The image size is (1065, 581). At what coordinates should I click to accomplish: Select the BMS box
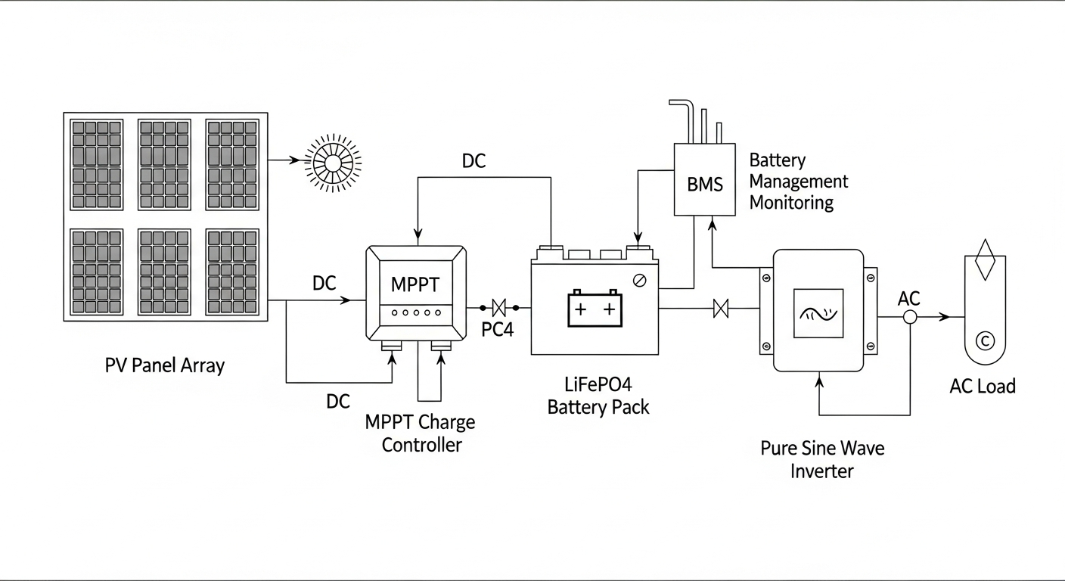click(x=704, y=183)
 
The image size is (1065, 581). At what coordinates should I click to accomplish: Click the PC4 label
click(x=497, y=330)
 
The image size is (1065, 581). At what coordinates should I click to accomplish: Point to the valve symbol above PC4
click(x=498, y=308)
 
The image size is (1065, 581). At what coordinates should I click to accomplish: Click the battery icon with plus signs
click(x=595, y=308)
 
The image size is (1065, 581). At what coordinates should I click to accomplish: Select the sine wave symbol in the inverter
click(x=818, y=312)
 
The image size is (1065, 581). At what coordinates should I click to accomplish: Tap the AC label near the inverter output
click(x=908, y=298)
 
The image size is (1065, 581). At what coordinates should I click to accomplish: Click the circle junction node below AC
click(x=910, y=318)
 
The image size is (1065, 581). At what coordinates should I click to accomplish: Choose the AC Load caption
click(x=982, y=387)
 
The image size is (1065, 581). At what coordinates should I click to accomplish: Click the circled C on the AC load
click(x=985, y=340)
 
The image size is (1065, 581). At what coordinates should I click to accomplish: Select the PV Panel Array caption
click(x=165, y=366)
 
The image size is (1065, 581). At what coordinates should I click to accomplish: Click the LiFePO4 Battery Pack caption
click(x=598, y=395)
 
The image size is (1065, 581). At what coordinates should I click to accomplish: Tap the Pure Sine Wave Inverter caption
click(x=822, y=459)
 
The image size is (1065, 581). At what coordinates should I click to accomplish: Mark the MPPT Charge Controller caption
click(x=421, y=433)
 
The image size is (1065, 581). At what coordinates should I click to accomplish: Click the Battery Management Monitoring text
click(x=798, y=182)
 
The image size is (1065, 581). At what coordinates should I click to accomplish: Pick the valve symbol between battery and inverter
click(x=721, y=308)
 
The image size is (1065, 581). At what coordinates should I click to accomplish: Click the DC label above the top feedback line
click(x=474, y=161)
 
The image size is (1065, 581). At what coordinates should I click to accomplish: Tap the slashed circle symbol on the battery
click(x=639, y=281)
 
